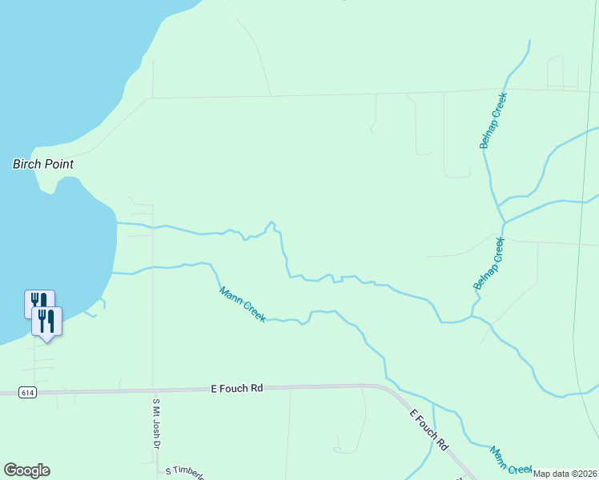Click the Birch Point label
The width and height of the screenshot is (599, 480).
click(x=43, y=164)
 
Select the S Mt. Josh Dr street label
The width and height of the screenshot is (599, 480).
click(x=157, y=422)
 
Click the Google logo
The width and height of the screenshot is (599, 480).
click(x=26, y=470)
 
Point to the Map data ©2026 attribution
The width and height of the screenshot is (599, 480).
click(x=565, y=474)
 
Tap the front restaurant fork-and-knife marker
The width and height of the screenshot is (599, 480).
click(x=46, y=322)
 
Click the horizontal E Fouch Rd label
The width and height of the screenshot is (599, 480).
click(x=236, y=388)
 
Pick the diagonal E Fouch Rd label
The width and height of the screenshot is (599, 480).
click(x=428, y=430)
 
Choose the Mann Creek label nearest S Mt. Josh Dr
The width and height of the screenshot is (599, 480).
click(x=242, y=305)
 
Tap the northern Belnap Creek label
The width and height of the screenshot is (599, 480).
click(x=493, y=120)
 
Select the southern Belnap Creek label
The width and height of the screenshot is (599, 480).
click(x=489, y=263)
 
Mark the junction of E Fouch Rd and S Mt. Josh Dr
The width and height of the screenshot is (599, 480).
click(x=153, y=390)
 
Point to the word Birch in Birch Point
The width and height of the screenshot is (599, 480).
click(x=27, y=164)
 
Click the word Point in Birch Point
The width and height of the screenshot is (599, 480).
click(x=58, y=164)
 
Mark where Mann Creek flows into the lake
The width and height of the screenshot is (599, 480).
click(x=112, y=273)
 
